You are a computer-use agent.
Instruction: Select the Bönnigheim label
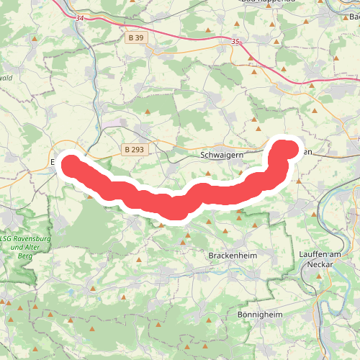259,315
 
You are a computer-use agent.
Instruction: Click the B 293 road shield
133,149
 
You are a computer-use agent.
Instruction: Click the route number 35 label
235,42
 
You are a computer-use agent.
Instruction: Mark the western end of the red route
71,163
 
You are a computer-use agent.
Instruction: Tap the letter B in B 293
127,149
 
